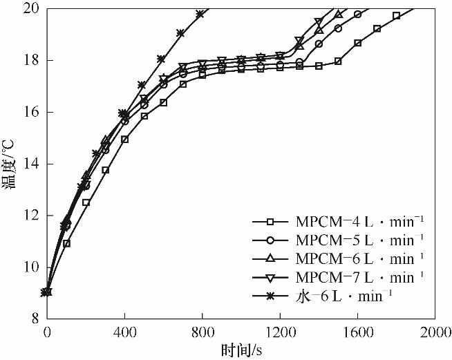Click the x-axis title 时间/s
pyautogui.click(x=241, y=351)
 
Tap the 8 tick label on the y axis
pyautogui.click(x=34, y=319)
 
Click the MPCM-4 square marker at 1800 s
pyautogui.click(x=396, y=15)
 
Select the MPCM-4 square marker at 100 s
pyautogui.click(x=66, y=243)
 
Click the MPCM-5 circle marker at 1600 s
pyautogui.click(x=357, y=15)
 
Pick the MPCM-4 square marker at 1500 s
pyautogui.click(x=338, y=61)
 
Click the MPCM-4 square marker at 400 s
pyautogui.click(x=124, y=140)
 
